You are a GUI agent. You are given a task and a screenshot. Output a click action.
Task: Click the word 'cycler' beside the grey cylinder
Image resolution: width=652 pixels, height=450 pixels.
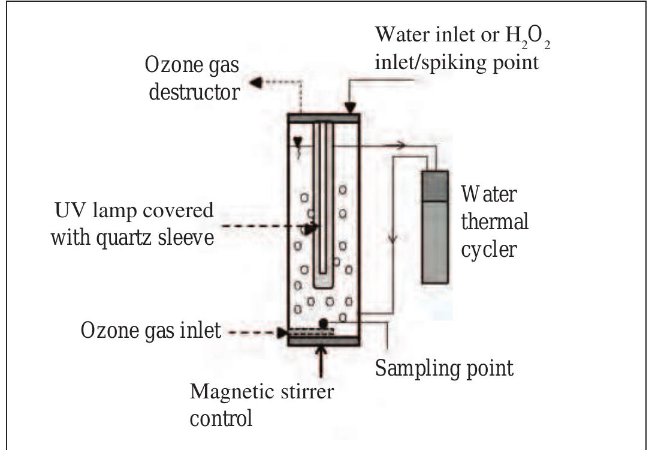(488, 248)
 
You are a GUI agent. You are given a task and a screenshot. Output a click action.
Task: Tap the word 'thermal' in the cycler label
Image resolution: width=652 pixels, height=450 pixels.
(494, 221)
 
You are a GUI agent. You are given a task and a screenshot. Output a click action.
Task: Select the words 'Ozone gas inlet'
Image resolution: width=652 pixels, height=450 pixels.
(151, 330)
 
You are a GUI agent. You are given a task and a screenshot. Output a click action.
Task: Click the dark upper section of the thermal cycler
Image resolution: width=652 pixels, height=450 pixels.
(434, 186)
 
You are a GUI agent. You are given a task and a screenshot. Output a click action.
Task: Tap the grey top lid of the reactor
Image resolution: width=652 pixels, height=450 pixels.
(324, 118)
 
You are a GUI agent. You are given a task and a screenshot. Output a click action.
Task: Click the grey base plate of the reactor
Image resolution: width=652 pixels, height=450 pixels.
(324, 341)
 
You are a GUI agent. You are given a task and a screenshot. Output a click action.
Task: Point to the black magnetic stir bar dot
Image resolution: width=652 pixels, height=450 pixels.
(323, 323)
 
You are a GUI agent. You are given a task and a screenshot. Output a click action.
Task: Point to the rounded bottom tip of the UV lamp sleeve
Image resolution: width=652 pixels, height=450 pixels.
(323, 279)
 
